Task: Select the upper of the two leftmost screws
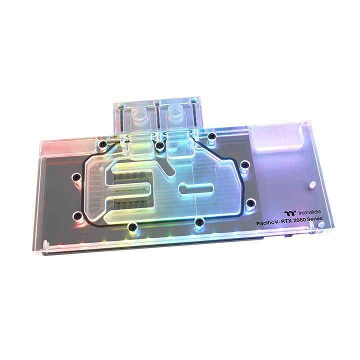coord(77,177)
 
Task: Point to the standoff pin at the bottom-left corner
coord(45,244)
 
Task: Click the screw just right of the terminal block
coord(212,136)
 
